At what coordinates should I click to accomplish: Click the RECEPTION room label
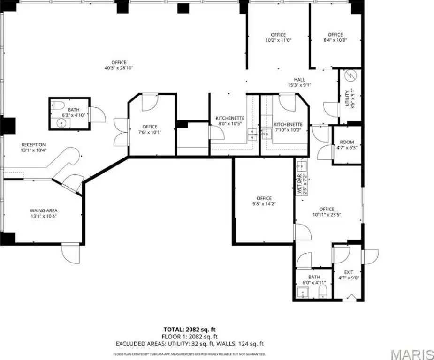(33, 144)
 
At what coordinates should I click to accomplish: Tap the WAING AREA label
(44, 210)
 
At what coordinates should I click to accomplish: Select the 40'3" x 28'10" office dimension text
(119, 68)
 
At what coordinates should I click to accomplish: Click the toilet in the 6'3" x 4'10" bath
(58, 105)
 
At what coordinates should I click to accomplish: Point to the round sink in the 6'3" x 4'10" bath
(61, 123)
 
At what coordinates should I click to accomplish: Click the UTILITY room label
(347, 98)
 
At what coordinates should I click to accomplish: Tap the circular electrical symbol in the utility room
(350, 76)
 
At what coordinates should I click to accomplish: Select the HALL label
(299, 80)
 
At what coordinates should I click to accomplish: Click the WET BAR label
(300, 184)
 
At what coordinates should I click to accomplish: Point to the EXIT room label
(349, 272)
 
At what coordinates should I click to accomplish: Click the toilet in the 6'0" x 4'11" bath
(323, 292)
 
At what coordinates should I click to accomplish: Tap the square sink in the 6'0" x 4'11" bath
(303, 292)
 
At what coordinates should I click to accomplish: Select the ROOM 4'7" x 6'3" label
(347, 145)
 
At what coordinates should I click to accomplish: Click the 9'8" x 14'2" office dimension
(264, 204)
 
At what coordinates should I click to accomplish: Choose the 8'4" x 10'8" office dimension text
(335, 40)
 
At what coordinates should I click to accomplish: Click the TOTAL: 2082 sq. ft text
(190, 330)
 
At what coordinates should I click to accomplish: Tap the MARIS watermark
(412, 354)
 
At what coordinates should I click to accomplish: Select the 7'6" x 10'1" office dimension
(150, 132)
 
